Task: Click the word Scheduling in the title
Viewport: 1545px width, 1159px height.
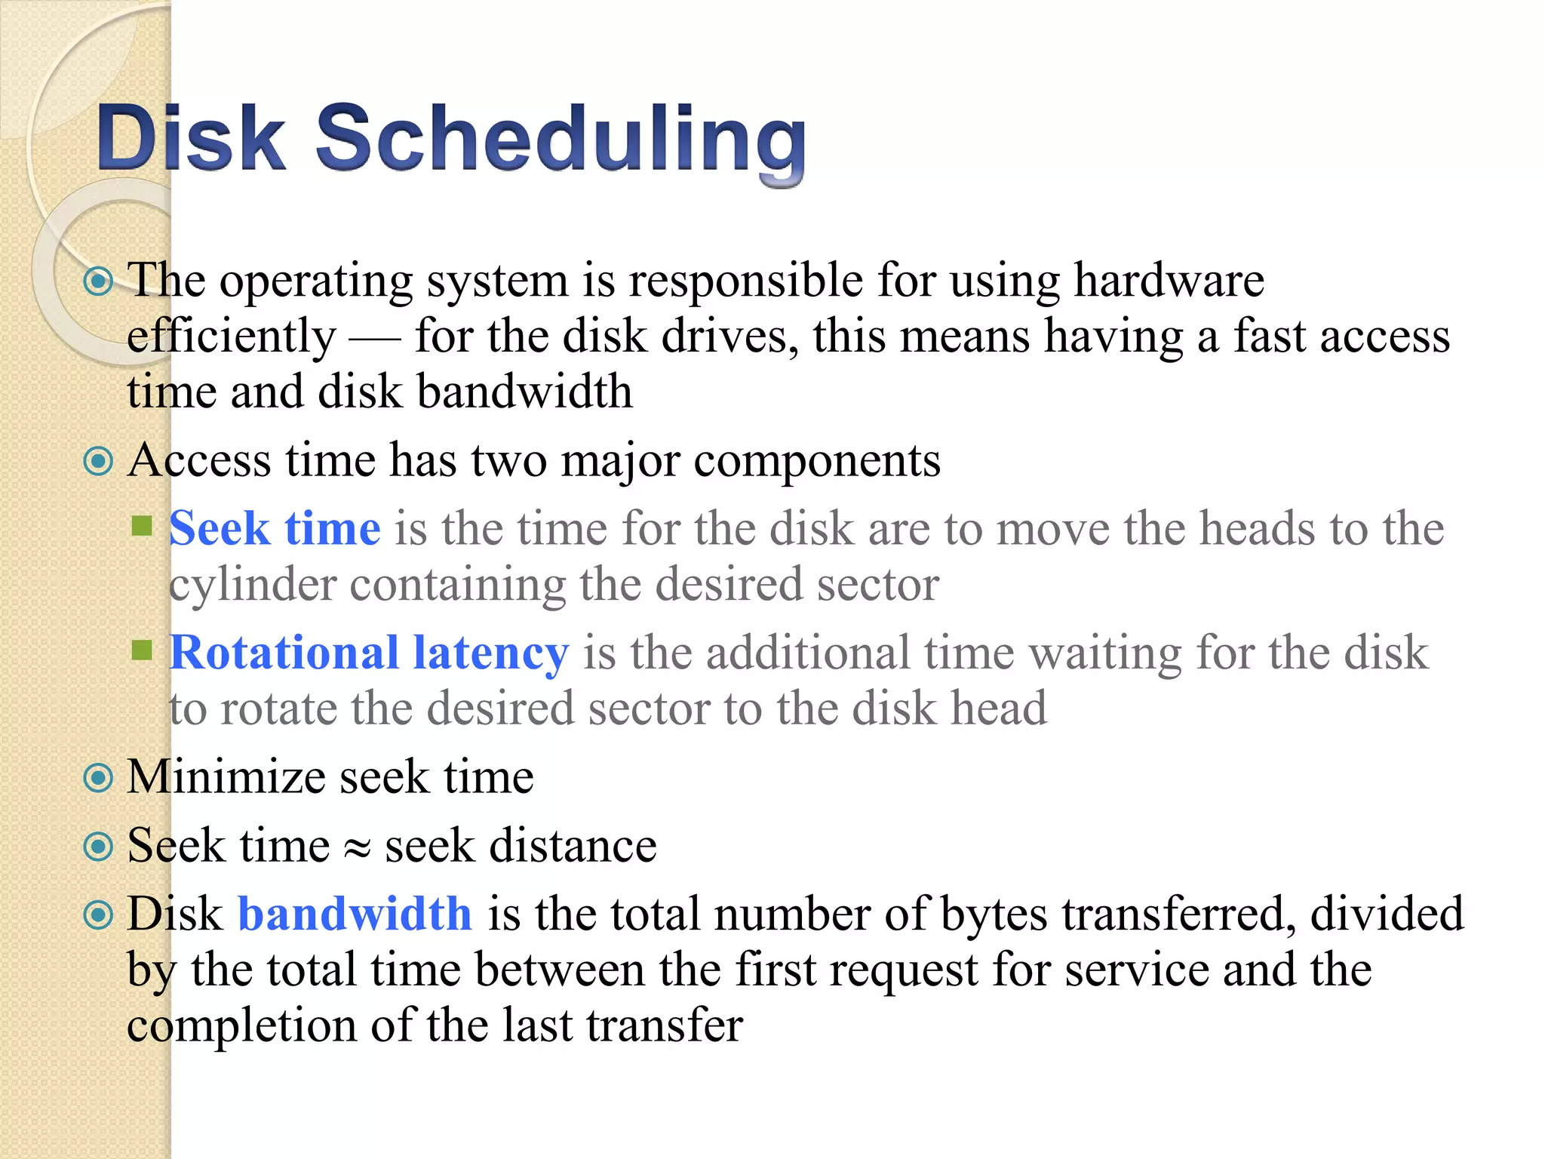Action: click(x=560, y=139)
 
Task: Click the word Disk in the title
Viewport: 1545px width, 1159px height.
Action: click(x=191, y=139)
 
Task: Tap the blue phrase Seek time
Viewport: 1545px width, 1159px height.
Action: click(x=275, y=528)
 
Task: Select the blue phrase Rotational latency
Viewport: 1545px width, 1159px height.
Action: click(x=369, y=653)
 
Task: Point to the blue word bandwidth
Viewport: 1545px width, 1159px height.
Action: click(x=355, y=914)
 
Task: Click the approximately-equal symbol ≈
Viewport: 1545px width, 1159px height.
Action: click(x=357, y=848)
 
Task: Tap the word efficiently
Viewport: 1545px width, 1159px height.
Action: click(x=231, y=337)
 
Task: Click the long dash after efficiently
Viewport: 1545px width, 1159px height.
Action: click(x=375, y=340)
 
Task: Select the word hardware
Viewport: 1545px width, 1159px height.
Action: click(x=1169, y=281)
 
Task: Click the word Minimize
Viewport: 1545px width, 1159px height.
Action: click(x=224, y=777)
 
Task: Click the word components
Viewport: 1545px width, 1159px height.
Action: click(x=817, y=461)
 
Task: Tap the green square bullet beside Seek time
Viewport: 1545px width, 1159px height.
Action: click(x=142, y=525)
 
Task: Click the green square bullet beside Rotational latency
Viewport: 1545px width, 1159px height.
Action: click(x=142, y=650)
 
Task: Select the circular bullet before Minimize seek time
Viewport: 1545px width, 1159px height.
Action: click(x=98, y=778)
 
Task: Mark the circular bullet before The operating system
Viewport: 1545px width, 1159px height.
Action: click(x=98, y=282)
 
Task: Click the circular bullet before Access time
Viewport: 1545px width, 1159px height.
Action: click(x=98, y=461)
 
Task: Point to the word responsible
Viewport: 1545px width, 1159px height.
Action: click(x=746, y=281)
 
